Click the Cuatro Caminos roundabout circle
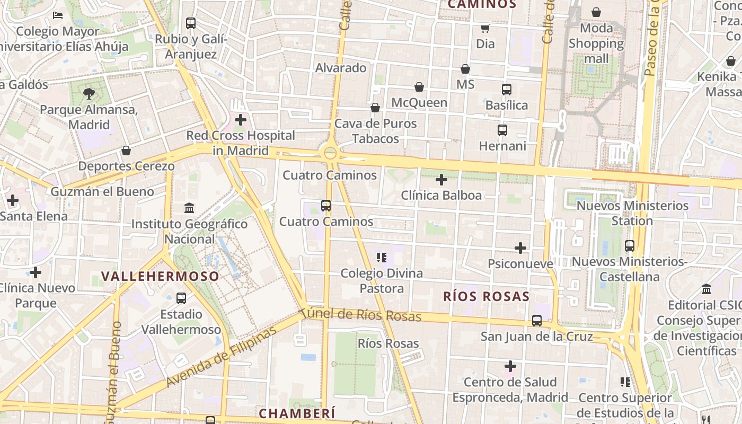pyautogui.click(x=330, y=153)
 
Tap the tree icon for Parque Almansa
pyautogui.click(x=89, y=94)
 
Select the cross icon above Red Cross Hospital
pyautogui.click(x=241, y=120)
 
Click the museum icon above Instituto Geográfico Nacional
pyautogui.click(x=189, y=208)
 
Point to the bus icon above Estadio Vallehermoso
pyautogui.click(x=181, y=298)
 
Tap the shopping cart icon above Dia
pyautogui.click(x=485, y=28)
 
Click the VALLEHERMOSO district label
pyautogui.click(x=160, y=276)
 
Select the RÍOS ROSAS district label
pyautogui.click(x=486, y=296)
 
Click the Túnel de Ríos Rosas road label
pyautogui.click(x=360, y=315)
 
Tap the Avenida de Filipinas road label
pyautogui.click(x=221, y=356)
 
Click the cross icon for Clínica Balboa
pyautogui.click(x=441, y=180)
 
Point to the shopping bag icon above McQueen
pyautogui.click(x=419, y=87)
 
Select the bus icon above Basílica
pyautogui.click(x=507, y=89)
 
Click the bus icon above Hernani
pyautogui.click(x=502, y=130)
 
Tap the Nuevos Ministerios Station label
pyautogui.click(x=632, y=213)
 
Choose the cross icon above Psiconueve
pyautogui.click(x=520, y=248)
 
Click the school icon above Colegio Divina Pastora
pyautogui.click(x=381, y=258)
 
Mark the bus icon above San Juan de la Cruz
pyautogui.click(x=537, y=320)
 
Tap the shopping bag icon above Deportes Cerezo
pyautogui.click(x=126, y=151)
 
